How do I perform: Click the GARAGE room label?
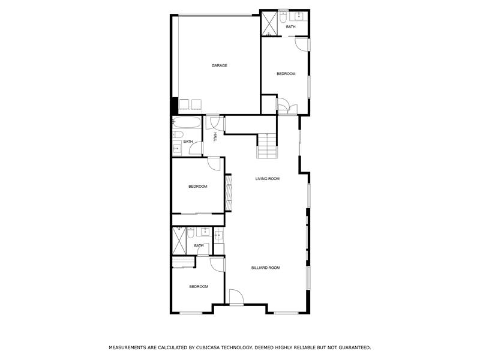click(x=219, y=65)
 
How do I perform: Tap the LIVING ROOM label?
click(x=268, y=178)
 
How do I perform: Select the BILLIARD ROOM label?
click(x=265, y=268)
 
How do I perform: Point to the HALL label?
click(x=215, y=137)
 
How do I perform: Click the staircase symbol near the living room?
click(x=268, y=146)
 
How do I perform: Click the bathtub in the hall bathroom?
click(x=185, y=124)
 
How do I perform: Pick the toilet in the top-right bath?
click(x=283, y=16)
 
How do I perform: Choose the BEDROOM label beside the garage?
click(x=286, y=73)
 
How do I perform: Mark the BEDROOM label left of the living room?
click(x=197, y=186)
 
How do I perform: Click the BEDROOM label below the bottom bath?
click(x=199, y=286)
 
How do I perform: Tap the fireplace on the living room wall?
click(x=228, y=193)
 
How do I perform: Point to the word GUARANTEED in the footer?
click(x=351, y=347)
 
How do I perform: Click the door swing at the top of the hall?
click(x=214, y=122)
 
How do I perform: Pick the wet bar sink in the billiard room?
click(x=218, y=236)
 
